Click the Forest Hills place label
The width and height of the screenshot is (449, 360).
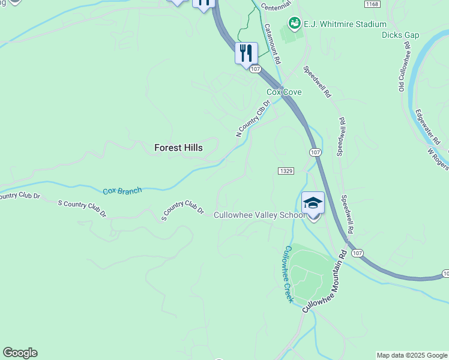pyautogui.click(x=178, y=148)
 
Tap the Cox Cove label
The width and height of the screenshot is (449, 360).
pyautogui.click(x=284, y=92)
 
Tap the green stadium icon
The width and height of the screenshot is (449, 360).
pyautogui.click(x=294, y=23)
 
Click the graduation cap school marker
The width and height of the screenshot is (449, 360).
pyautogui.click(x=313, y=203)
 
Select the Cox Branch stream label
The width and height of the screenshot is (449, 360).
pyautogui.click(x=122, y=191)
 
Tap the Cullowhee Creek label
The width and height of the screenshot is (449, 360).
pyautogui.click(x=286, y=274)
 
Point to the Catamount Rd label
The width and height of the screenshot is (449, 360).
pyautogui.click(x=272, y=44)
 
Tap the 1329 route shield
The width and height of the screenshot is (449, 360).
pyautogui.click(x=286, y=171)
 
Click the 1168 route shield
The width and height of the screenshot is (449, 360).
pyautogui.click(x=372, y=4)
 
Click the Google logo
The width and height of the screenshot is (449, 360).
pyautogui.click(x=20, y=353)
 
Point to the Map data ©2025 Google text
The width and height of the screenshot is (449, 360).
pyautogui.click(x=412, y=355)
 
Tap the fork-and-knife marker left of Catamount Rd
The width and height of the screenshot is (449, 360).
pyautogui.click(x=246, y=53)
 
